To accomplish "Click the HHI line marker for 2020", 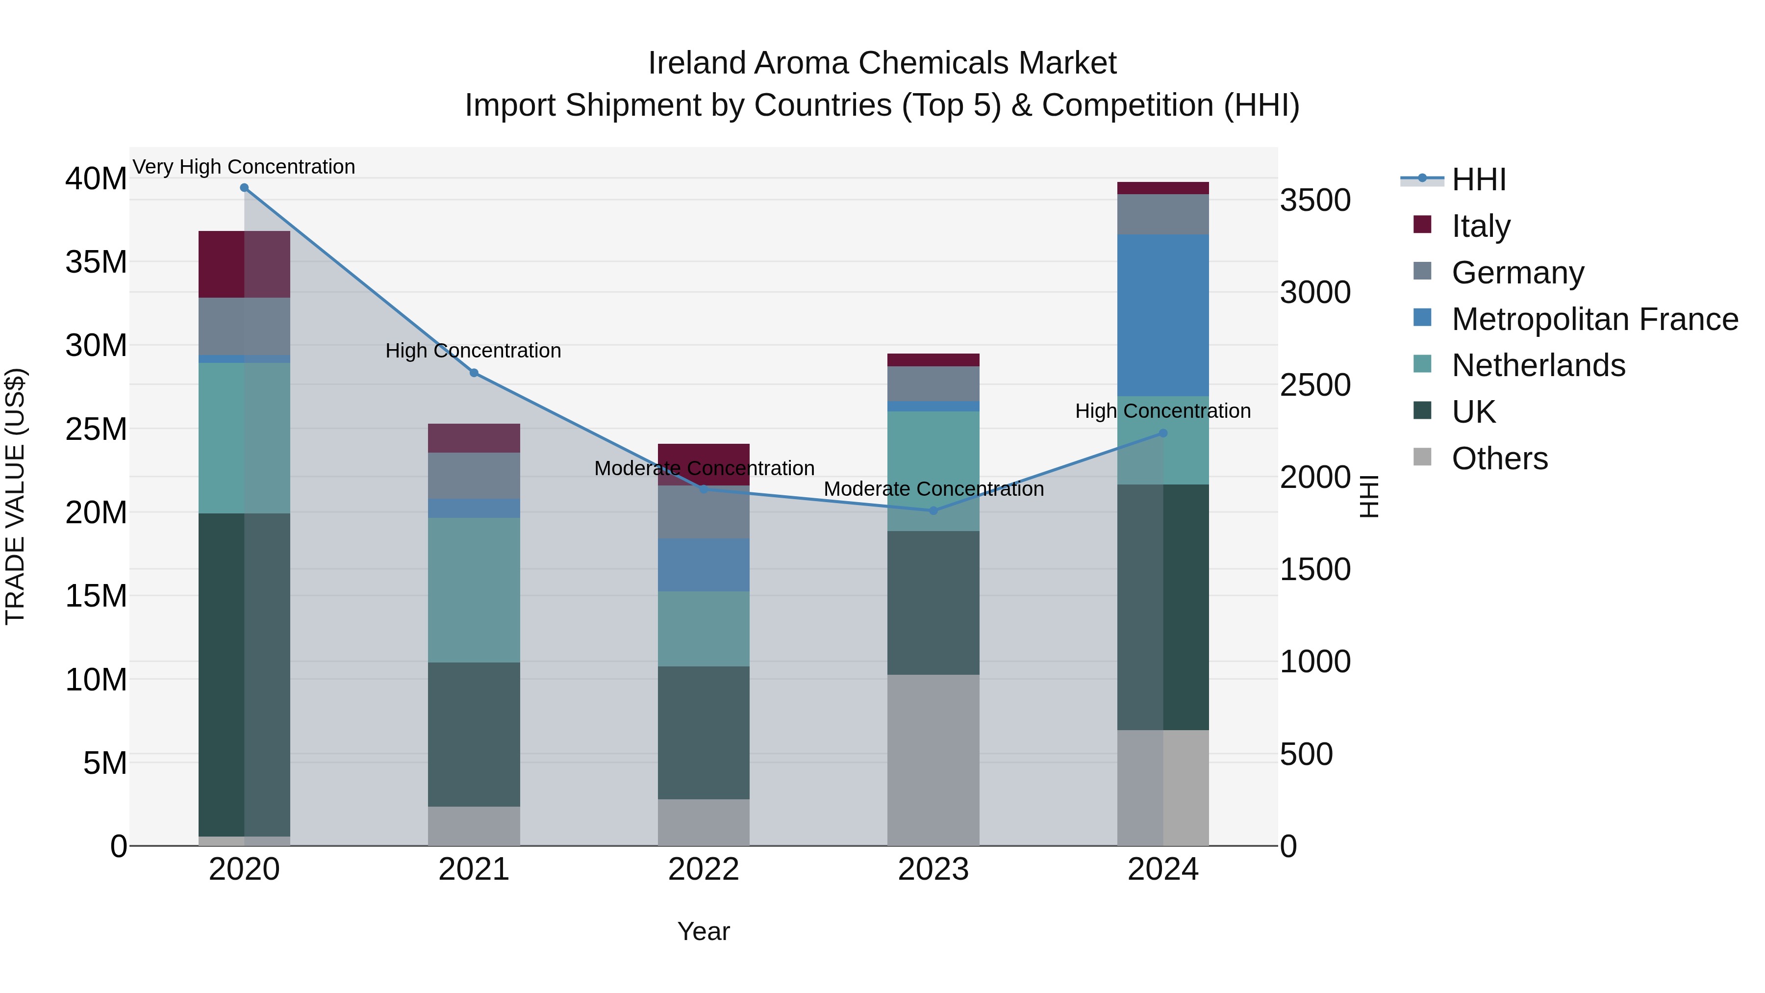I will (x=244, y=188).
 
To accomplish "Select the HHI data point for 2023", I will (x=933, y=510).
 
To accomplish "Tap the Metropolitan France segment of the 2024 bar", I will (x=1163, y=315).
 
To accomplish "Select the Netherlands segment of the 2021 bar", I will (x=474, y=589).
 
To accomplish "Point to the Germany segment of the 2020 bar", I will (x=244, y=326).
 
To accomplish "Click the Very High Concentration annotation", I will (x=244, y=167).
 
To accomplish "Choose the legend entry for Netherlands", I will (x=1538, y=365).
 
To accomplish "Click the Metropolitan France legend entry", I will (x=1594, y=319).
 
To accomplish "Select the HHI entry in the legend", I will (x=1479, y=179).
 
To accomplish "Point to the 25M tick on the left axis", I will (x=96, y=429).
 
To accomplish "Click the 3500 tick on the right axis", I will (x=1315, y=201).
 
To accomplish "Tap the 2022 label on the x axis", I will (x=704, y=869).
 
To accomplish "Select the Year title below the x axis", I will (x=704, y=931).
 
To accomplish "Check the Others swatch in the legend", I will (x=1422, y=457).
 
